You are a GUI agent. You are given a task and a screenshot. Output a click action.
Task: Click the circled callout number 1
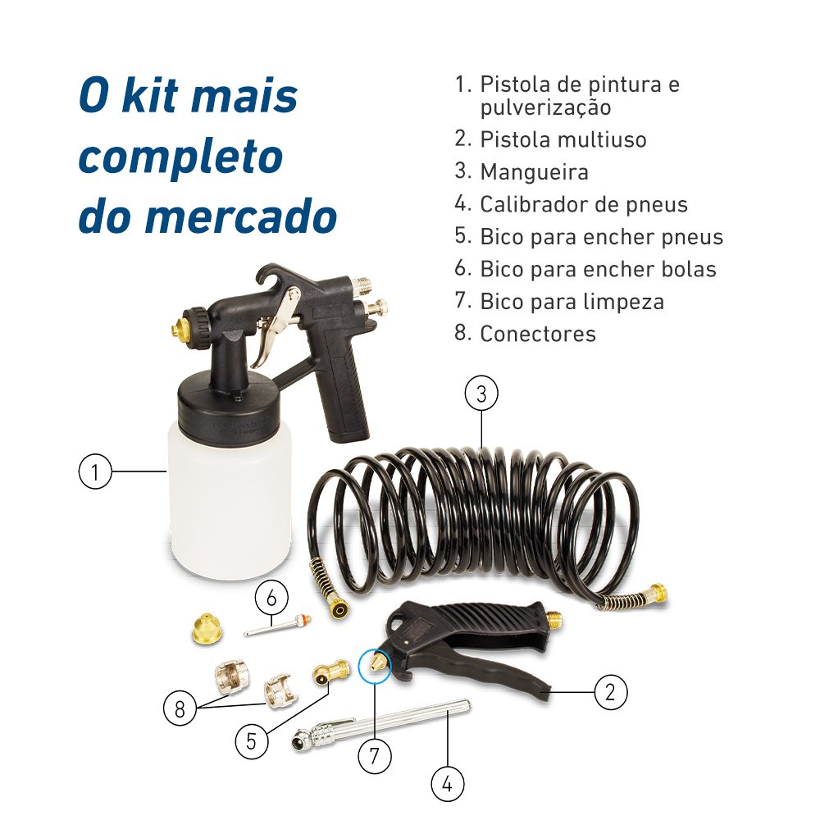[x=95, y=472]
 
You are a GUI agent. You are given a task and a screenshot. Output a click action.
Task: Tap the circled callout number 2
[x=610, y=692]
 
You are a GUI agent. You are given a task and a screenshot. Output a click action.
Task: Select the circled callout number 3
[x=481, y=394]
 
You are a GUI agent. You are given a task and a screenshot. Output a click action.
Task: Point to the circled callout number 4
[x=447, y=785]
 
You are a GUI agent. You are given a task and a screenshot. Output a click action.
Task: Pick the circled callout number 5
[x=251, y=740]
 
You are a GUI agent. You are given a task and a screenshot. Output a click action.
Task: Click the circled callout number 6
[x=271, y=598]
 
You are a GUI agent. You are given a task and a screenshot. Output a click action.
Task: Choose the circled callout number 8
[x=180, y=708]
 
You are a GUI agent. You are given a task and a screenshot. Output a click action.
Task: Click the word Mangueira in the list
[x=534, y=172]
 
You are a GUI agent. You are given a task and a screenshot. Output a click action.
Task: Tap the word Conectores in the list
[x=538, y=334]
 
